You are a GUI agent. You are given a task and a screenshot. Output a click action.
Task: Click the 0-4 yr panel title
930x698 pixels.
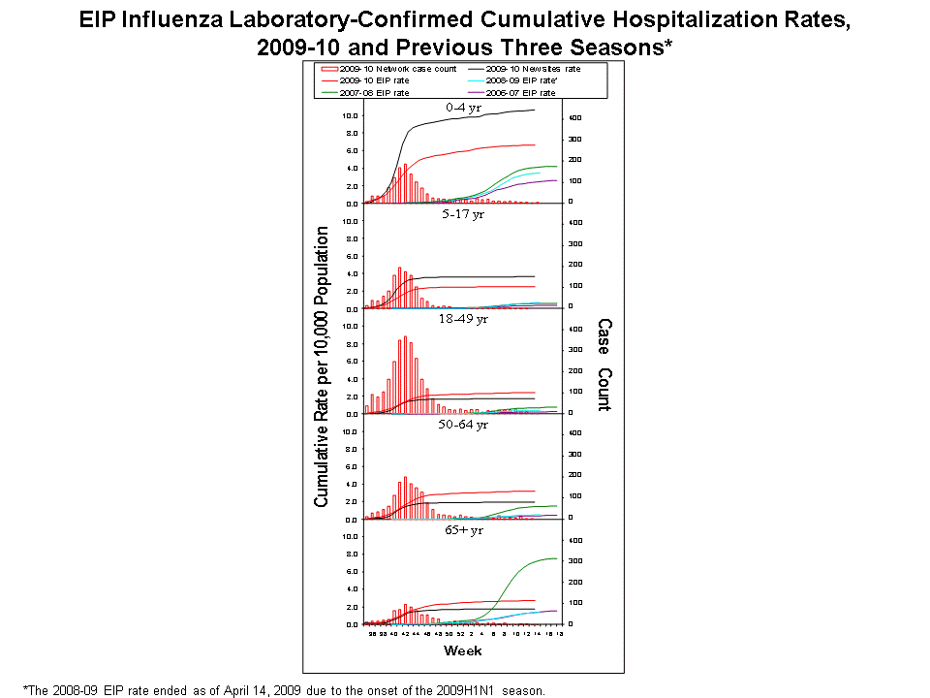[x=463, y=108]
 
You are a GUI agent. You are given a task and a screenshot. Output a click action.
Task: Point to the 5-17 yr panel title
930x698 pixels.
[x=463, y=214]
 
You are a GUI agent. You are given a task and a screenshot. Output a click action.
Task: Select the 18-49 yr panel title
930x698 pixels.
[x=463, y=319]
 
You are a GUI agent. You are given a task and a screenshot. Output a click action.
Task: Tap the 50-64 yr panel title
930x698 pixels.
[x=463, y=424]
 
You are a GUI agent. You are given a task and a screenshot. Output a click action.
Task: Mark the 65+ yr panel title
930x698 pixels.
[x=463, y=529]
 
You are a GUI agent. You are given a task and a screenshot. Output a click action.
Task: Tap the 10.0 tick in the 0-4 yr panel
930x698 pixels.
[x=351, y=115]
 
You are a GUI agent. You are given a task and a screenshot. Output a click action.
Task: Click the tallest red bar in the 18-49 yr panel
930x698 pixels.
[x=405, y=374]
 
